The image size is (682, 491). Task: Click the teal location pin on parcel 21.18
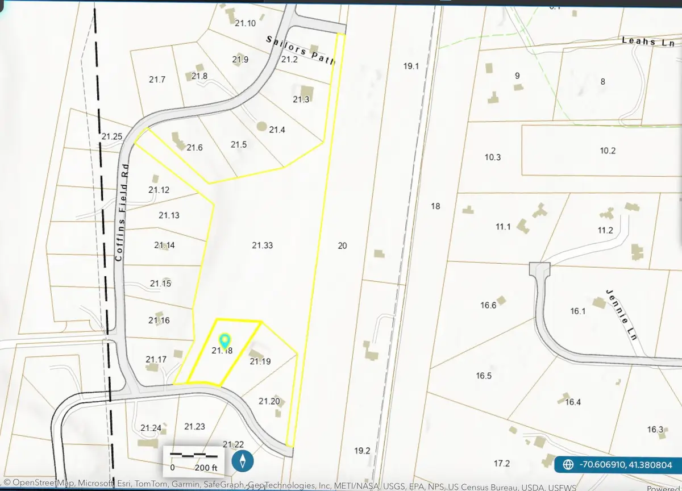tap(224, 340)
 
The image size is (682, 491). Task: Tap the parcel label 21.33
tap(263, 246)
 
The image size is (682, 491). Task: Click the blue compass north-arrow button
tap(243, 460)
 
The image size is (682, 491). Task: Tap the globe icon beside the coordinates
tap(568, 465)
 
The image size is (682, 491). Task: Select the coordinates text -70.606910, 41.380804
tap(625, 465)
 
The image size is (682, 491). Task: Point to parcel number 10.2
tap(608, 151)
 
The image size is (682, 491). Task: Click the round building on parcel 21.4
tap(261, 126)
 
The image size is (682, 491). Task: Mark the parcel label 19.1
tap(411, 66)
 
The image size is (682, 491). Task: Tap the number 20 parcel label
tap(342, 246)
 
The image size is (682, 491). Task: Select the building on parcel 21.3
tap(307, 91)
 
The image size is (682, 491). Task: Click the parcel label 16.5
tap(484, 376)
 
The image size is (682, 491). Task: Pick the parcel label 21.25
tap(112, 136)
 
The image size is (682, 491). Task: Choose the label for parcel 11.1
tap(503, 227)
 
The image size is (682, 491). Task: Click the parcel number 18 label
tap(435, 206)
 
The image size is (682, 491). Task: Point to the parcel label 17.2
tap(502, 463)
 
